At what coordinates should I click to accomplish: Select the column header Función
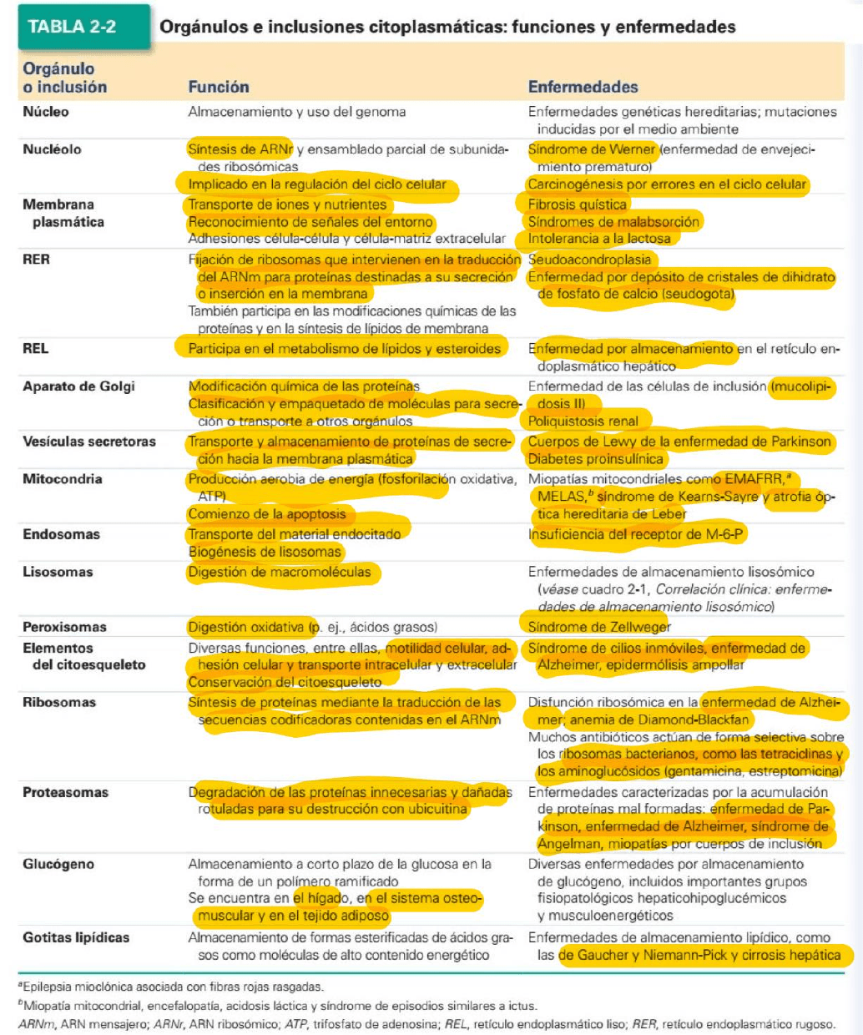click(x=219, y=87)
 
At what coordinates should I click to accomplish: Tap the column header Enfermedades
click(x=583, y=87)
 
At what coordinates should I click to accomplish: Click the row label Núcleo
click(x=46, y=112)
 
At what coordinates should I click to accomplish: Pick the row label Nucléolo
click(x=52, y=149)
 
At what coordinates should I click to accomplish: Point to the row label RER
click(x=36, y=260)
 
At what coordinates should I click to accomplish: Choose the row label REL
click(x=35, y=349)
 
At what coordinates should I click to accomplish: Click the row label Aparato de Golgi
click(x=78, y=386)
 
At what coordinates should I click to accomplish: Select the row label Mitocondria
click(x=62, y=479)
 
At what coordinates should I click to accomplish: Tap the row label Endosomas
click(x=61, y=534)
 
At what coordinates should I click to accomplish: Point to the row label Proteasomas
click(x=65, y=792)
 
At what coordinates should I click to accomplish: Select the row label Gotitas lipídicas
click(x=76, y=937)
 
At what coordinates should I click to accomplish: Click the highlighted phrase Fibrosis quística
click(x=577, y=204)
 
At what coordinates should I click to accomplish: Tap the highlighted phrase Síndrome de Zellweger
click(x=599, y=627)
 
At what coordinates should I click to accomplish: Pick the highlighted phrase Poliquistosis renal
click(x=583, y=422)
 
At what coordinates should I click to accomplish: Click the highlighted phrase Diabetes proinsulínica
click(x=595, y=458)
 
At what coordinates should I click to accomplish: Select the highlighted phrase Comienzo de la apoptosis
click(x=266, y=514)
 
